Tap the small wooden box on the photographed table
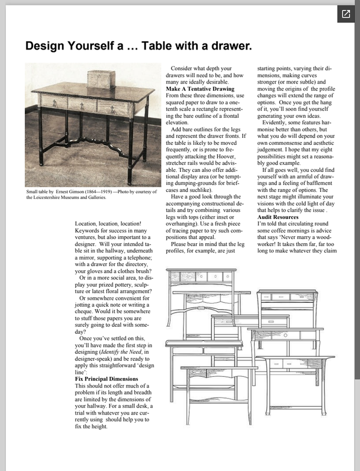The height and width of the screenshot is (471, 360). click(98, 79)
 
